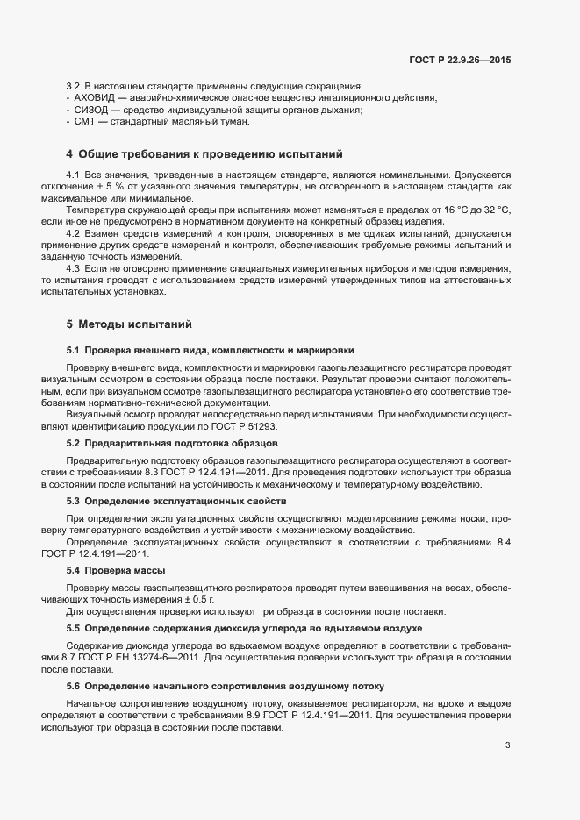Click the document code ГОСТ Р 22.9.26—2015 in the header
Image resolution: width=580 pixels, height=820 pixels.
coord(460,60)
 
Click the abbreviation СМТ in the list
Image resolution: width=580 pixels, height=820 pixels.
coord(86,123)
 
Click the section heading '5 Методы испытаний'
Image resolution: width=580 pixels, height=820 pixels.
coord(129,324)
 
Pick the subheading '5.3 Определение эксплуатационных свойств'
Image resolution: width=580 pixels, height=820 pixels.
coord(176,500)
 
